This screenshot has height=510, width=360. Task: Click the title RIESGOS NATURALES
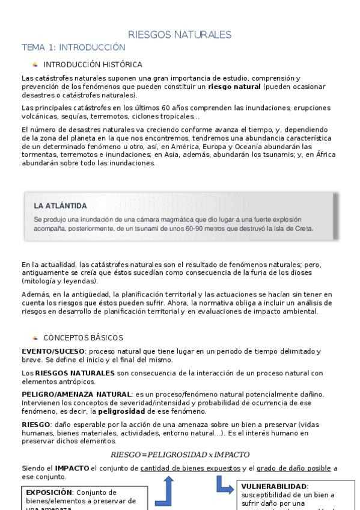(x=180, y=34)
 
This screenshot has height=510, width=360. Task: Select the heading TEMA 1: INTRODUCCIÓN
(x=73, y=47)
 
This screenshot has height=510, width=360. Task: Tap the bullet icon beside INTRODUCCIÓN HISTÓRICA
(x=35, y=64)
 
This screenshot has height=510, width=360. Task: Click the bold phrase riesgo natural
(x=234, y=87)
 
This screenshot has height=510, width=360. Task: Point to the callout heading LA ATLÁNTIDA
(x=61, y=206)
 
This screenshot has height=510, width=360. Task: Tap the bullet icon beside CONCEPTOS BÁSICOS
(x=35, y=338)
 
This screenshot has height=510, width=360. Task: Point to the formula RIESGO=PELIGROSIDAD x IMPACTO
(x=180, y=454)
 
